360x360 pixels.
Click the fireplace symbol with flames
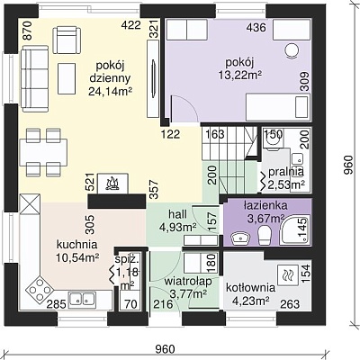tap(113, 183)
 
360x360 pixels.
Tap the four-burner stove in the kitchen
tap(40, 290)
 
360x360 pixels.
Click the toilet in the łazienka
tap(265, 235)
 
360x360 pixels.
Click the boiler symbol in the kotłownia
tap(288, 275)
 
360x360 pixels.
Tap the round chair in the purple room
tap(292, 50)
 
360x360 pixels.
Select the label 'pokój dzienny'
tap(110, 72)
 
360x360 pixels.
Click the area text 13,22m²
tap(240, 75)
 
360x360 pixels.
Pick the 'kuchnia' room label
tap(76, 245)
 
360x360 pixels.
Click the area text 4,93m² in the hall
tap(178, 228)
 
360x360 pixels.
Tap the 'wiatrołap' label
tap(188, 282)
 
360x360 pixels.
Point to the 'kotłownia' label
tap(250, 288)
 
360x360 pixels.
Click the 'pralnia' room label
tap(286, 172)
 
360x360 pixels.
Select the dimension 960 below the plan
tap(165, 349)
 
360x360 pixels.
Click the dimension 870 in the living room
tap(27, 31)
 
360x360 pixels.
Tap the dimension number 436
tap(256, 28)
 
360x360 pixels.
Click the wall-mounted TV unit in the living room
tap(153, 79)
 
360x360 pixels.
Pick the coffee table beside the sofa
tap(67, 78)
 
